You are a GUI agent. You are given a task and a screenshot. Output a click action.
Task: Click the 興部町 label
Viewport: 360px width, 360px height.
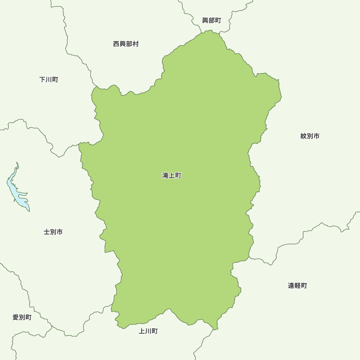(x=212, y=21)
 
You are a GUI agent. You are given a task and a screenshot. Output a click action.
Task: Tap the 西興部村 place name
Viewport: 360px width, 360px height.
(x=126, y=44)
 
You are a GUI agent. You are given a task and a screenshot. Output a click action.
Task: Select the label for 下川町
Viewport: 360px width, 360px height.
(x=49, y=79)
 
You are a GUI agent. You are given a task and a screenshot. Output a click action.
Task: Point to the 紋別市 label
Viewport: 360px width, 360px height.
(x=310, y=136)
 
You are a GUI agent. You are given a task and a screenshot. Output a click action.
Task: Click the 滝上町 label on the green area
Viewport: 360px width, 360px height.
(x=172, y=176)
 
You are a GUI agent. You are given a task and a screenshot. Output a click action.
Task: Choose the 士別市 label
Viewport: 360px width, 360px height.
(x=53, y=232)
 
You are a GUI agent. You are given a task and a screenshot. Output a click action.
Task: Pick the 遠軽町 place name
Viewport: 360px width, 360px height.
(x=297, y=285)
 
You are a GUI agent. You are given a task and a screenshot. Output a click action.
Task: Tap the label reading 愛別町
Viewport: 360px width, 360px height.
(x=22, y=318)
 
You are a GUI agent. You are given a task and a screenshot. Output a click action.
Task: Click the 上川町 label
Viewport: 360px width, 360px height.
(x=148, y=331)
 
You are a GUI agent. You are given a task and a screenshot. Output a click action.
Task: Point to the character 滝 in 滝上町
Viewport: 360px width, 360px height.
(x=165, y=176)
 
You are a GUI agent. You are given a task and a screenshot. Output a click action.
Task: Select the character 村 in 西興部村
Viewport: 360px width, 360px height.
(x=135, y=44)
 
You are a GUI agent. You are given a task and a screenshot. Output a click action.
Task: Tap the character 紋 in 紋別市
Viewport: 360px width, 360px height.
(x=303, y=136)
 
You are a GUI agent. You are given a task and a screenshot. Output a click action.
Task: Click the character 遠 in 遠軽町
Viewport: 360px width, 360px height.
(x=291, y=285)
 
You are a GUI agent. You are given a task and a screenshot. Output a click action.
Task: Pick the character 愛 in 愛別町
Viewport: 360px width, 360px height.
(x=16, y=318)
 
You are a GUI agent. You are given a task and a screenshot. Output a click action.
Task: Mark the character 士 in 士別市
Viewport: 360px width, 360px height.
(x=47, y=232)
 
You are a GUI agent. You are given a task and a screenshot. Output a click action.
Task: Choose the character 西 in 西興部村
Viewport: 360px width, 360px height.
(x=116, y=44)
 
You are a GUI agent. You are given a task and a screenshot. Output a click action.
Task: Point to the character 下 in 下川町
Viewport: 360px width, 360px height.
(x=42, y=79)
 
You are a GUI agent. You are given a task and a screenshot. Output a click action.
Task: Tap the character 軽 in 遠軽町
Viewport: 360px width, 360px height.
(x=297, y=285)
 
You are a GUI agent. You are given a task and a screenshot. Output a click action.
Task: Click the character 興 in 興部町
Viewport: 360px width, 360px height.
(x=205, y=21)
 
